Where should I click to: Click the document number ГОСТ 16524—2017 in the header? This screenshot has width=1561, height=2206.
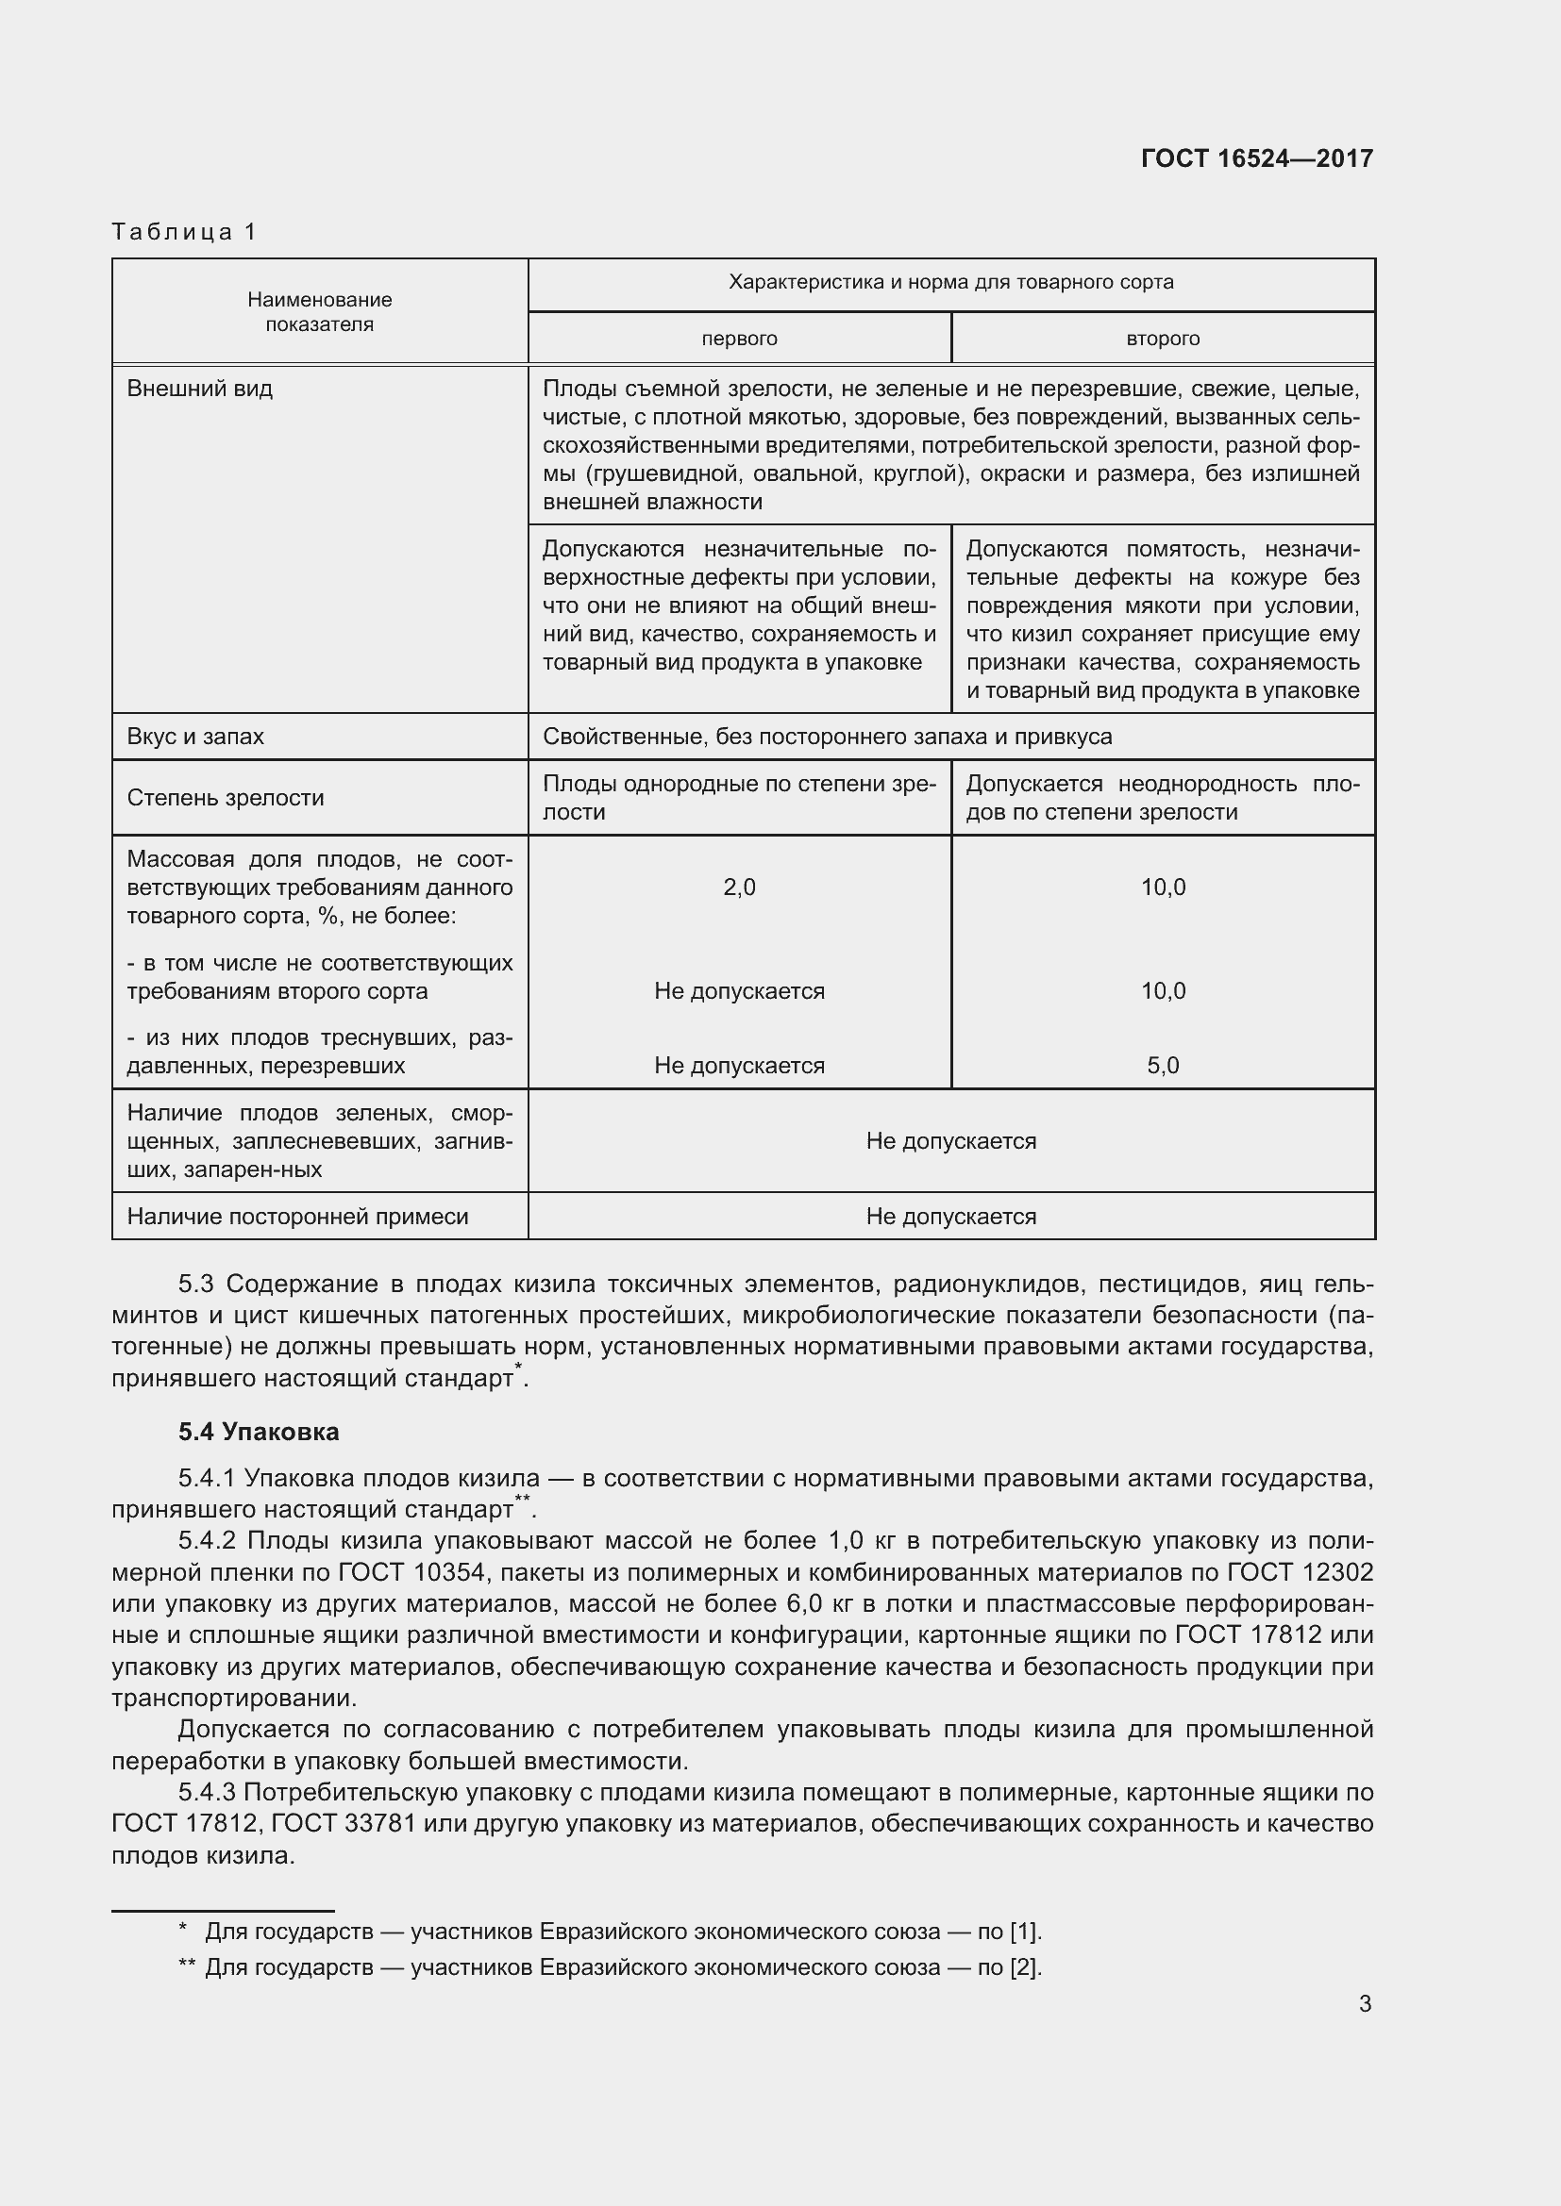[x=1256, y=158]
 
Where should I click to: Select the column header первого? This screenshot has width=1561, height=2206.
[x=739, y=339]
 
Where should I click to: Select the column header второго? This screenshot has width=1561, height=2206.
[x=1163, y=339]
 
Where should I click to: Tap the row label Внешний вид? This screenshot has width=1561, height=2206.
[x=200, y=390]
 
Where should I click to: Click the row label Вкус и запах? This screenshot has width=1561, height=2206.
[x=195, y=737]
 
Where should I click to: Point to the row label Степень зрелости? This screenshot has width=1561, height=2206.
[x=225, y=798]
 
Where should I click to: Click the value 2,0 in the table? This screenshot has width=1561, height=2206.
[x=739, y=887]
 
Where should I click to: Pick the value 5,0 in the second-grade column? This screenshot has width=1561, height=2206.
[x=1163, y=1066]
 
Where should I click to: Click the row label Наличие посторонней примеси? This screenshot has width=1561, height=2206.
[x=298, y=1217]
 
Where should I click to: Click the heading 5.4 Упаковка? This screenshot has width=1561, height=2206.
[x=259, y=1432]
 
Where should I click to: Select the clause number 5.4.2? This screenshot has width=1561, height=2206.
[x=207, y=1541]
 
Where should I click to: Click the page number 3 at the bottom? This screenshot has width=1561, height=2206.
[x=1365, y=2004]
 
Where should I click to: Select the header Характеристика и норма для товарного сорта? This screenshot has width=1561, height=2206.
[x=950, y=283]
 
